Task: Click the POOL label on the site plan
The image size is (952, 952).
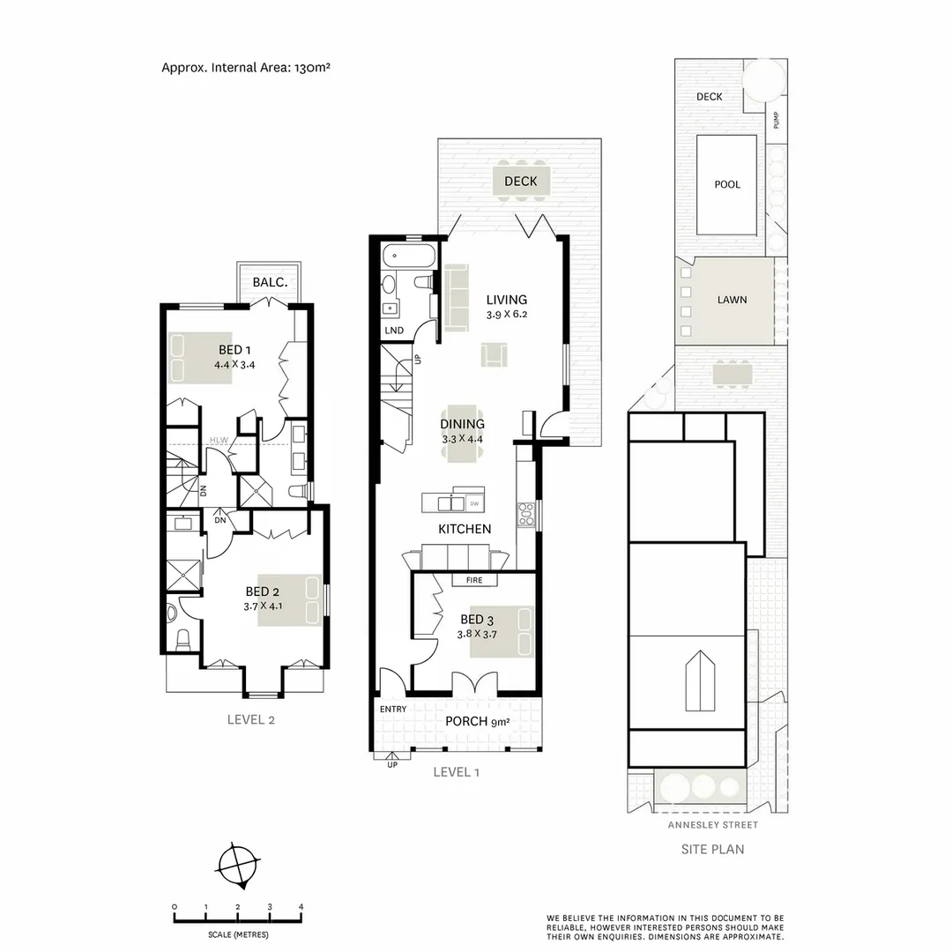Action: coord(727,185)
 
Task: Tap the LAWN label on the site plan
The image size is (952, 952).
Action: coord(731,300)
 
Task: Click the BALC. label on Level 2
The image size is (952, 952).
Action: coord(268,282)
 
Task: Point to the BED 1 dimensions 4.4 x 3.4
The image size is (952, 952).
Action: coord(234,365)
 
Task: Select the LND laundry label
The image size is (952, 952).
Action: coord(394,331)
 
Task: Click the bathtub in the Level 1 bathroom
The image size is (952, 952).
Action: coord(409,258)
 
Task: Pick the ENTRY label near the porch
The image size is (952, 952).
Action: coord(393,710)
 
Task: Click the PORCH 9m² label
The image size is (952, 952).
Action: coord(477,721)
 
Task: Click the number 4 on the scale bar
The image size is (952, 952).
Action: coord(301,906)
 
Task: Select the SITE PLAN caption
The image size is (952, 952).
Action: coord(712,850)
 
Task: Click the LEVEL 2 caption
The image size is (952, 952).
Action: coord(251,719)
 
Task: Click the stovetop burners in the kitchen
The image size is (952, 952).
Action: coord(526,514)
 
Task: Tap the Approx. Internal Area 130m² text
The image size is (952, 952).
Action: coord(246,67)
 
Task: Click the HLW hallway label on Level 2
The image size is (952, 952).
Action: coord(219,441)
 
